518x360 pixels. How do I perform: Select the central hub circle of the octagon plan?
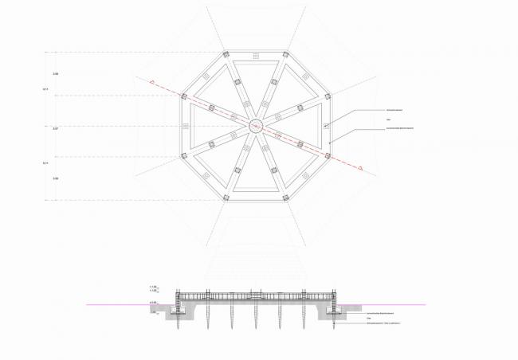(x=256, y=125)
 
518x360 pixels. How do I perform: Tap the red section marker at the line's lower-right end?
(x=361, y=168)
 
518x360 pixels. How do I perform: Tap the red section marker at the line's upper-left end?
(x=149, y=80)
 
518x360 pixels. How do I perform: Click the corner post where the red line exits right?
(x=328, y=154)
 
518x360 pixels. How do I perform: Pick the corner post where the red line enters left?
(x=184, y=96)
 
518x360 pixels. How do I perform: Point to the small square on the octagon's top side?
(x=255, y=55)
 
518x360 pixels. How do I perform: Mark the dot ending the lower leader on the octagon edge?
(x=330, y=142)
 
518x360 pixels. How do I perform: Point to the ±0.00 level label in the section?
(x=152, y=303)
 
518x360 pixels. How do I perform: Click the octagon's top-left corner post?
(x=226, y=54)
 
